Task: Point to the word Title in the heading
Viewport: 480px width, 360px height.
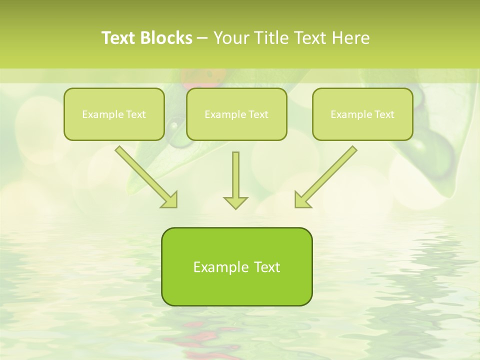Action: pos(270,38)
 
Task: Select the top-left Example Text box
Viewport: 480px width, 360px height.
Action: pos(114,114)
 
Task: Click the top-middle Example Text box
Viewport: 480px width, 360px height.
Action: pos(236,114)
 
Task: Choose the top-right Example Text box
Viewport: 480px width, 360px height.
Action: pos(362,114)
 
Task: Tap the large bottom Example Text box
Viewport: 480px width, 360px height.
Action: pos(236,266)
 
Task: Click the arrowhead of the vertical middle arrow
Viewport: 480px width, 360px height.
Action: pos(235,202)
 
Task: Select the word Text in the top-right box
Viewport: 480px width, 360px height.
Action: pos(384,114)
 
